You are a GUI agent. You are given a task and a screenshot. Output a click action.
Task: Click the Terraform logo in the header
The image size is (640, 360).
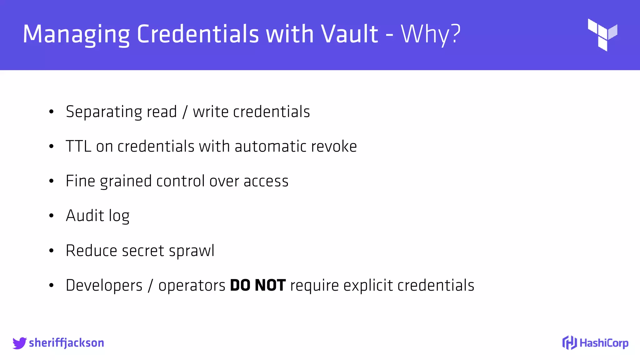pyautogui.click(x=602, y=34)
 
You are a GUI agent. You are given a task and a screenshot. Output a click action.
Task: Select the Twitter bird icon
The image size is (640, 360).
pyautogui.click(x=19, y=343)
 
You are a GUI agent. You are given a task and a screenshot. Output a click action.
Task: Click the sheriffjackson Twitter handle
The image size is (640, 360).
pyautogui.click(x=66, y=343)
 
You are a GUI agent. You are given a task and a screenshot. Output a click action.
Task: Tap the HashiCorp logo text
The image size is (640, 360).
pyautogui.click(x=603, y=343)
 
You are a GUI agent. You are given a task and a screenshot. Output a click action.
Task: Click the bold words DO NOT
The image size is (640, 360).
pyautogui.click(x=257, y=285)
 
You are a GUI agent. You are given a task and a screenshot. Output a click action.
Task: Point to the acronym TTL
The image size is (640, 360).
pyautogui.click(x=78, y=146)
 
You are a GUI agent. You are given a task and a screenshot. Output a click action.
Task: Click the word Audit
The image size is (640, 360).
pyautogui.click(x=85, y=216)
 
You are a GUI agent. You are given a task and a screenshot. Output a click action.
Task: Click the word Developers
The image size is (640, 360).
pyautogui.click(x=104, y=286)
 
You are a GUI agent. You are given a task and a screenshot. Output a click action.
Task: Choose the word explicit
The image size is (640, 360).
pyautogui.click(x=368, y=286)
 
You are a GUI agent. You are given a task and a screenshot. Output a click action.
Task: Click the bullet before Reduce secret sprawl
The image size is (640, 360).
pyautogui.click(x=52, y=251)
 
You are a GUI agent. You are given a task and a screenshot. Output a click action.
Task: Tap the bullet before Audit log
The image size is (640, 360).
pyautogui.click(x=52, y=216)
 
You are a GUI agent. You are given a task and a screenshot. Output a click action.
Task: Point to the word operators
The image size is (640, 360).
pyautogui.click(x=192, y=286)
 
